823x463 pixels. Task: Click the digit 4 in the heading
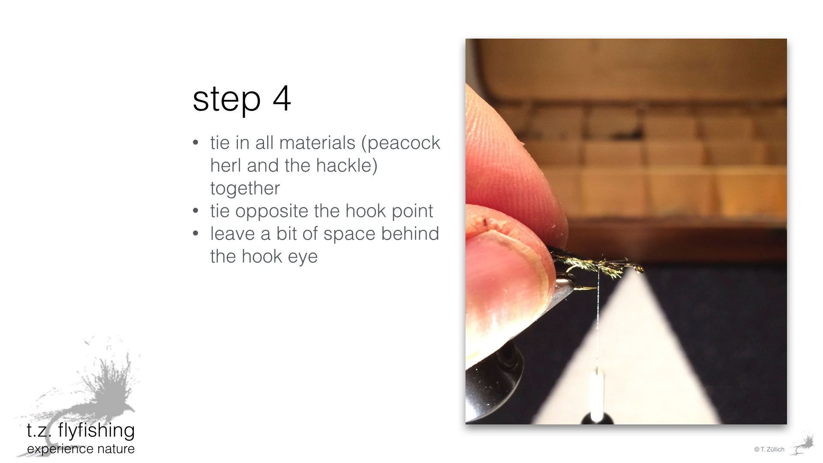click(x=282, y=98)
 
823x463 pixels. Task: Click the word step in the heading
click(x=227, y=100)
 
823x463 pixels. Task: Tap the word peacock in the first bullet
click(x=404, y=143)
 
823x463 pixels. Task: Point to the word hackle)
click(x=347, y=165)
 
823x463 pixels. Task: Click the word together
click(x=245, y=189)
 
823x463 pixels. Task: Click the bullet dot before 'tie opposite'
click(x=196, y=211)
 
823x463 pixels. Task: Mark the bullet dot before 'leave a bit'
click(x=196, y=234)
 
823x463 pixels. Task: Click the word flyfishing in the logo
click(x=96, y=430)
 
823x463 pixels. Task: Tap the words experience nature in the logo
click(x=81, y=449)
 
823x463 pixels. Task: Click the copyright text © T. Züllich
click(x=769, y=449)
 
